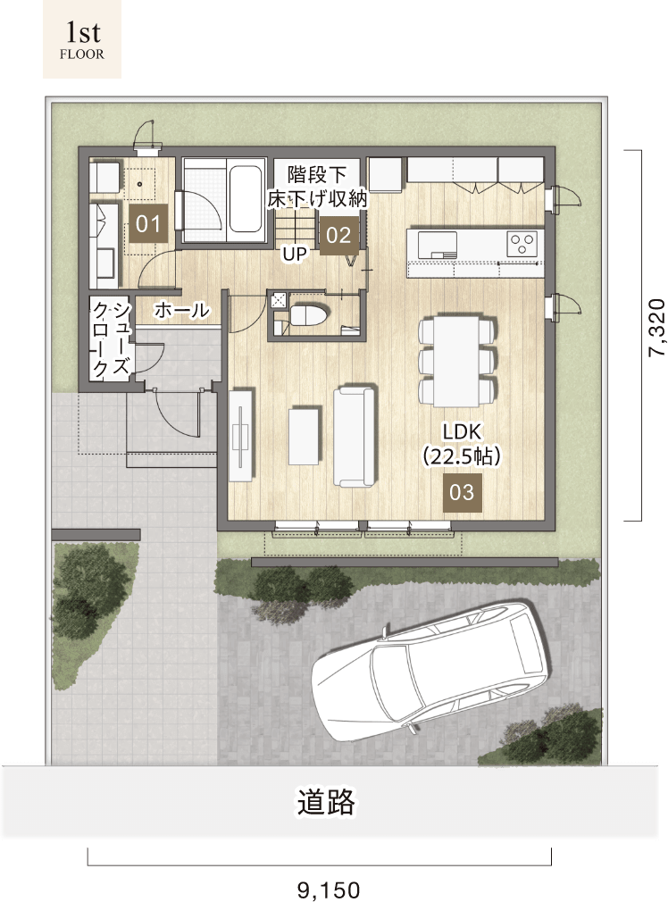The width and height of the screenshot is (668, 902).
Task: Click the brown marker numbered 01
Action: coord(148,223)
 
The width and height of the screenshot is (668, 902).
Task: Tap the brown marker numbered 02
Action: coord(338,235)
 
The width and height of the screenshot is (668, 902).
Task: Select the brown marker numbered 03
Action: coord(462,492)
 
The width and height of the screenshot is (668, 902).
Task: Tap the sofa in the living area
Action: coord(355,437)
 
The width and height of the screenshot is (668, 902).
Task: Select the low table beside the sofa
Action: coord(304,436)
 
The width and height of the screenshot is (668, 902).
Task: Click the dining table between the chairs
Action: coord(456,360)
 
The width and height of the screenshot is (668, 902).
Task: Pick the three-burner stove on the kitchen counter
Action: coord(522,243)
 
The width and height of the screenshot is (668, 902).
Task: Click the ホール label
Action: coord(182,310)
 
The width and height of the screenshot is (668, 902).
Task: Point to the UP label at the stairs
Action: coord(294,254)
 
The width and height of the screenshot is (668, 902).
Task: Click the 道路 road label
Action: coord(326,801)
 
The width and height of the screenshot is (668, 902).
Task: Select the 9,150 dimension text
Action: coord(329,889)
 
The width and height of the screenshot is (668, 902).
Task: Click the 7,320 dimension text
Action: coord(656,328)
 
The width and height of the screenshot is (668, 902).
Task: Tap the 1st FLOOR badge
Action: coord(82,39)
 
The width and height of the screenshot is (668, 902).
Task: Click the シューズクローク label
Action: coord(112,338)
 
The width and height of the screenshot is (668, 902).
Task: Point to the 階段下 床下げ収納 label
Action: coord(317,186)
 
